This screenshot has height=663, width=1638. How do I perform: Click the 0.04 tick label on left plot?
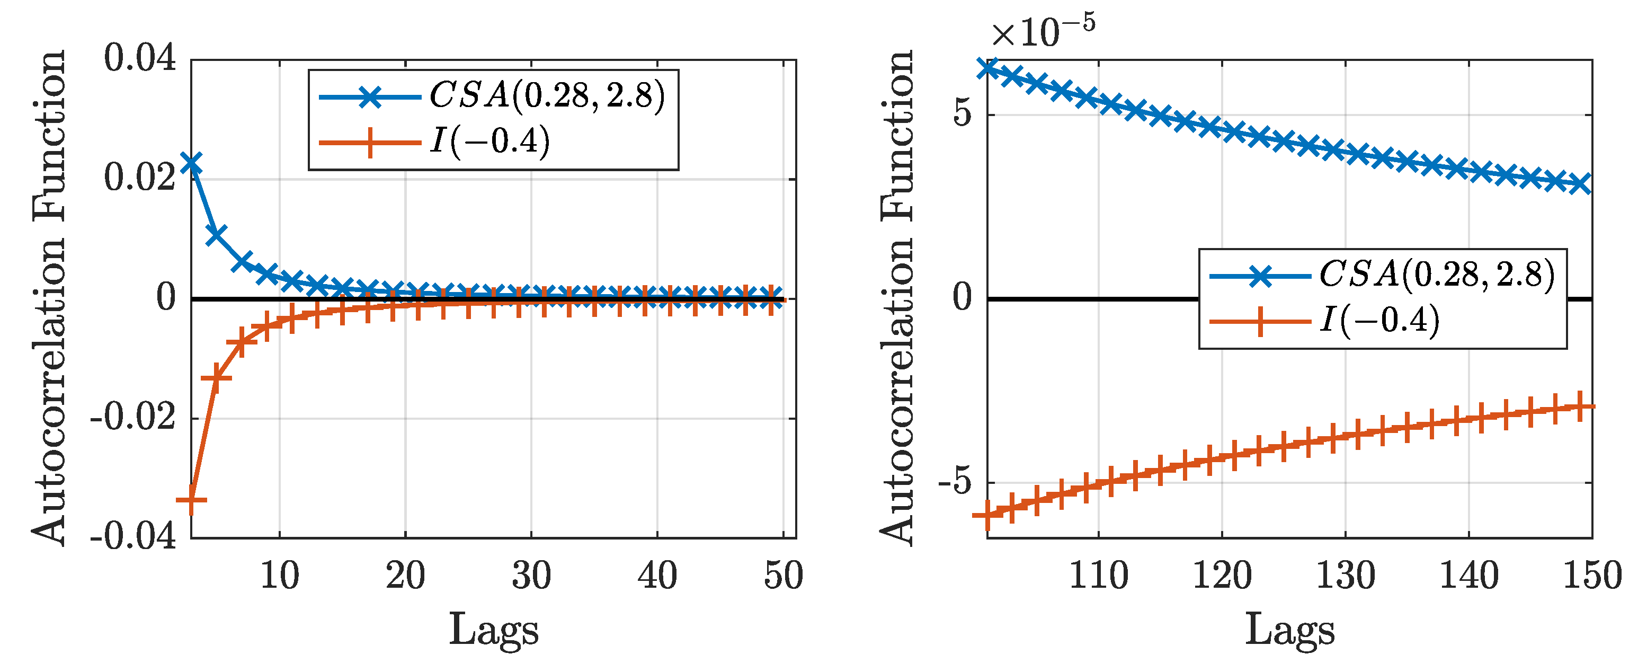[x=140, y=58]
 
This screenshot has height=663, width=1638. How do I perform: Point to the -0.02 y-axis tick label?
[x=132, y=418]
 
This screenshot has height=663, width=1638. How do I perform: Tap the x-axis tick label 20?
[x=405, y=576]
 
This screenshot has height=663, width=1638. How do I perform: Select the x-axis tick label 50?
[x=784, y=576]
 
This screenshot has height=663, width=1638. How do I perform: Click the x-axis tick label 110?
[x=1098, y=576]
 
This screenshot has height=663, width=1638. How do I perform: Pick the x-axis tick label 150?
[x=1591, y=576]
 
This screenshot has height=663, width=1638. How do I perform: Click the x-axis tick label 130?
[x=1345, y=576]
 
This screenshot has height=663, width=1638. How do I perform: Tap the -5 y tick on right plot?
[x=955, y=482]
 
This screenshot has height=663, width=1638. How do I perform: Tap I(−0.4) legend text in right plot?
[x=1380, y=320]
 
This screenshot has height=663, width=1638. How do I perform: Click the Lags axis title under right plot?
[x=1289, y=630]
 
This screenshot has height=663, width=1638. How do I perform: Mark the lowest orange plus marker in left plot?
[x=191, y=501]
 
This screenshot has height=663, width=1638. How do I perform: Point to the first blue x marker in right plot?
[x=988, y=68]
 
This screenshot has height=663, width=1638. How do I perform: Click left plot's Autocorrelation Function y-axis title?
[x=50, y=298]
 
